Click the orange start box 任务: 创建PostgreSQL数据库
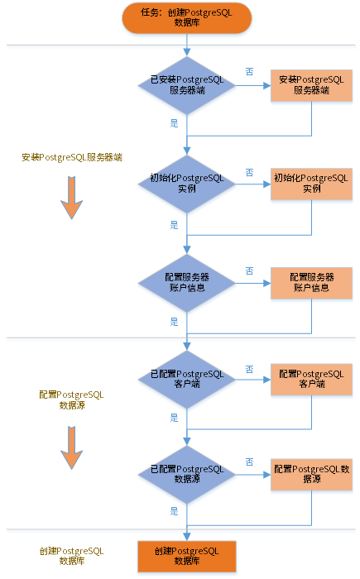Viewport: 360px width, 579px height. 187,17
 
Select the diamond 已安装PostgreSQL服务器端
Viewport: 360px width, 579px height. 187,85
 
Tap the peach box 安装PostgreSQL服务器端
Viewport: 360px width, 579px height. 311,85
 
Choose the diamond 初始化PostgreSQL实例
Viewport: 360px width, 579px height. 187,184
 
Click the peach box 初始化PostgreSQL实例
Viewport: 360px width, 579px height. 311,184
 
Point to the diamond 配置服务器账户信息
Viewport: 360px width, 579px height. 187,283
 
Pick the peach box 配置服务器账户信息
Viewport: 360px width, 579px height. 311,283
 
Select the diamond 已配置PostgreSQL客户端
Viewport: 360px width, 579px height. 187,379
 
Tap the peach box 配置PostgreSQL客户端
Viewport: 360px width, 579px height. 311,379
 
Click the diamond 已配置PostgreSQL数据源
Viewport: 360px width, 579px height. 187,475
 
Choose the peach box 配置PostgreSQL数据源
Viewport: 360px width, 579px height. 311,475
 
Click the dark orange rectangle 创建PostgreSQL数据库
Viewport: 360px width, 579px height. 187,556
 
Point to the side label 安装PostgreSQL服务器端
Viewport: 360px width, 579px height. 72,157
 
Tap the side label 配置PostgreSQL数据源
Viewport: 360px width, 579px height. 72,400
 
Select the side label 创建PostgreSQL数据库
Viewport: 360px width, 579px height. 72,556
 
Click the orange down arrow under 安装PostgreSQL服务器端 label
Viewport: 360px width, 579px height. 72,198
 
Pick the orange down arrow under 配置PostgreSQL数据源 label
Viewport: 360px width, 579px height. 72,447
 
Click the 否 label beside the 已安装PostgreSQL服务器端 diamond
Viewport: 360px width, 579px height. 249,72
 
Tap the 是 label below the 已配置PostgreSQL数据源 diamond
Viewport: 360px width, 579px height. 174,511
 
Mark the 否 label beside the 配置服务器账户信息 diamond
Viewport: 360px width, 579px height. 249,271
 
